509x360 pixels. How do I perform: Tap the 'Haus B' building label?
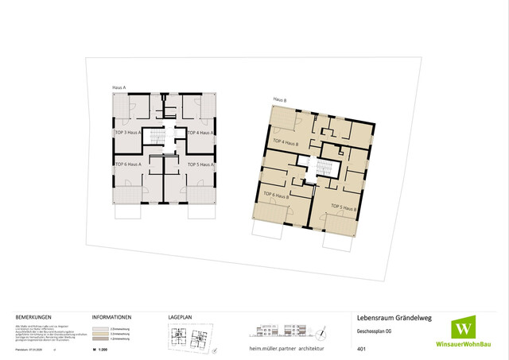tap(279, 100)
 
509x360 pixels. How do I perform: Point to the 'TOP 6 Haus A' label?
tap(127, 165)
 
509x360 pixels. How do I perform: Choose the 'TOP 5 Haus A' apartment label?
tap(203, 165)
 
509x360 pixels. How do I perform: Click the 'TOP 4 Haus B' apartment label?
tap(285, 143)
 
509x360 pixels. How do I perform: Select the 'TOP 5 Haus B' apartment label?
tap(341, 207)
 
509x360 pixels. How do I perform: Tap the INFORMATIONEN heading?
tap(111, 315)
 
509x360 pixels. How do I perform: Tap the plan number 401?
tap(362, 349)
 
